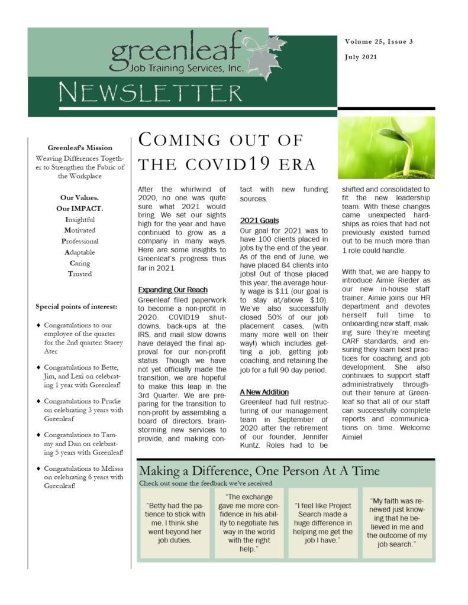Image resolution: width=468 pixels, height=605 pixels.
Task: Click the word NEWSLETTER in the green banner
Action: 151,93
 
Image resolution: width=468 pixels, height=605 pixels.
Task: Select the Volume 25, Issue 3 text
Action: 379,42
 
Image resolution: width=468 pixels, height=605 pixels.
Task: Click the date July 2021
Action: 360,57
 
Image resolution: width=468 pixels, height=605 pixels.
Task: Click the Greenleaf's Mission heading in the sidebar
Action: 80,147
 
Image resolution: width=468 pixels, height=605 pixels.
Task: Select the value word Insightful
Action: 80,219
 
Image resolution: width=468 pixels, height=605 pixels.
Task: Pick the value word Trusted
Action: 80,274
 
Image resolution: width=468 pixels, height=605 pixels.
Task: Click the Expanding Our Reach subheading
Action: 173,290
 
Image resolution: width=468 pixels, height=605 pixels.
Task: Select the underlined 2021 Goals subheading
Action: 260,220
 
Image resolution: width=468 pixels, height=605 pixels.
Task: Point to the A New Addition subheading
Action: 264,392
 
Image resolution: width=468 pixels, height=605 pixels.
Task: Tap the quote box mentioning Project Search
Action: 323,523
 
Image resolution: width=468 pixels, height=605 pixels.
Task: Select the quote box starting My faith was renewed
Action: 397,523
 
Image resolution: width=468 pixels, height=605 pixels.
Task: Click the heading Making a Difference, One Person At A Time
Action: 259,471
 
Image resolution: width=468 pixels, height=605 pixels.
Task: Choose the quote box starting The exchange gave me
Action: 249,523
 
